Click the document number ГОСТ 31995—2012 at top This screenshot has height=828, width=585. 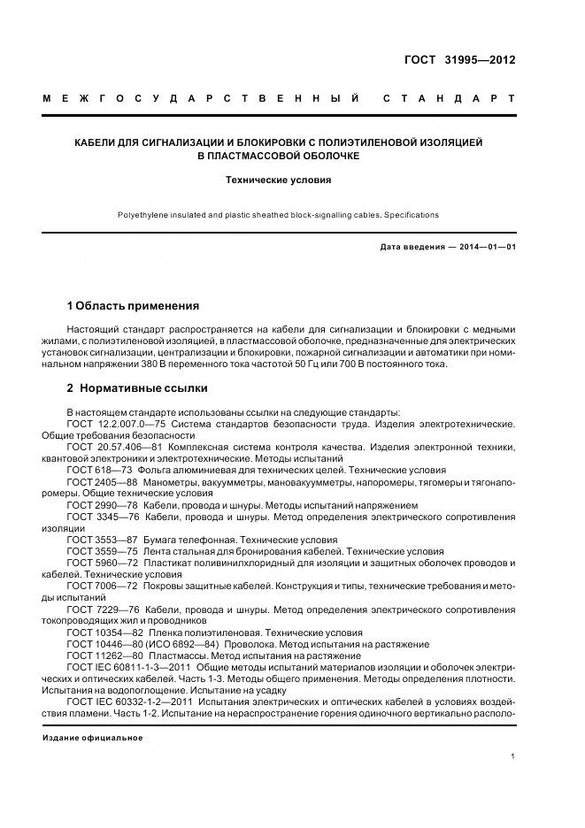point(459,60)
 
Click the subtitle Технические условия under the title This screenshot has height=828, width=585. point(292,179)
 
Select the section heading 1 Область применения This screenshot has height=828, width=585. point(133,306)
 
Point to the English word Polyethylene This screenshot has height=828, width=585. point(143,215)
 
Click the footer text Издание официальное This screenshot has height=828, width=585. point(92,738)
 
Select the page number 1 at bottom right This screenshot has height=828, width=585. point(512,756)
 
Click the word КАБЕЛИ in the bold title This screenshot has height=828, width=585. point(97,142)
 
